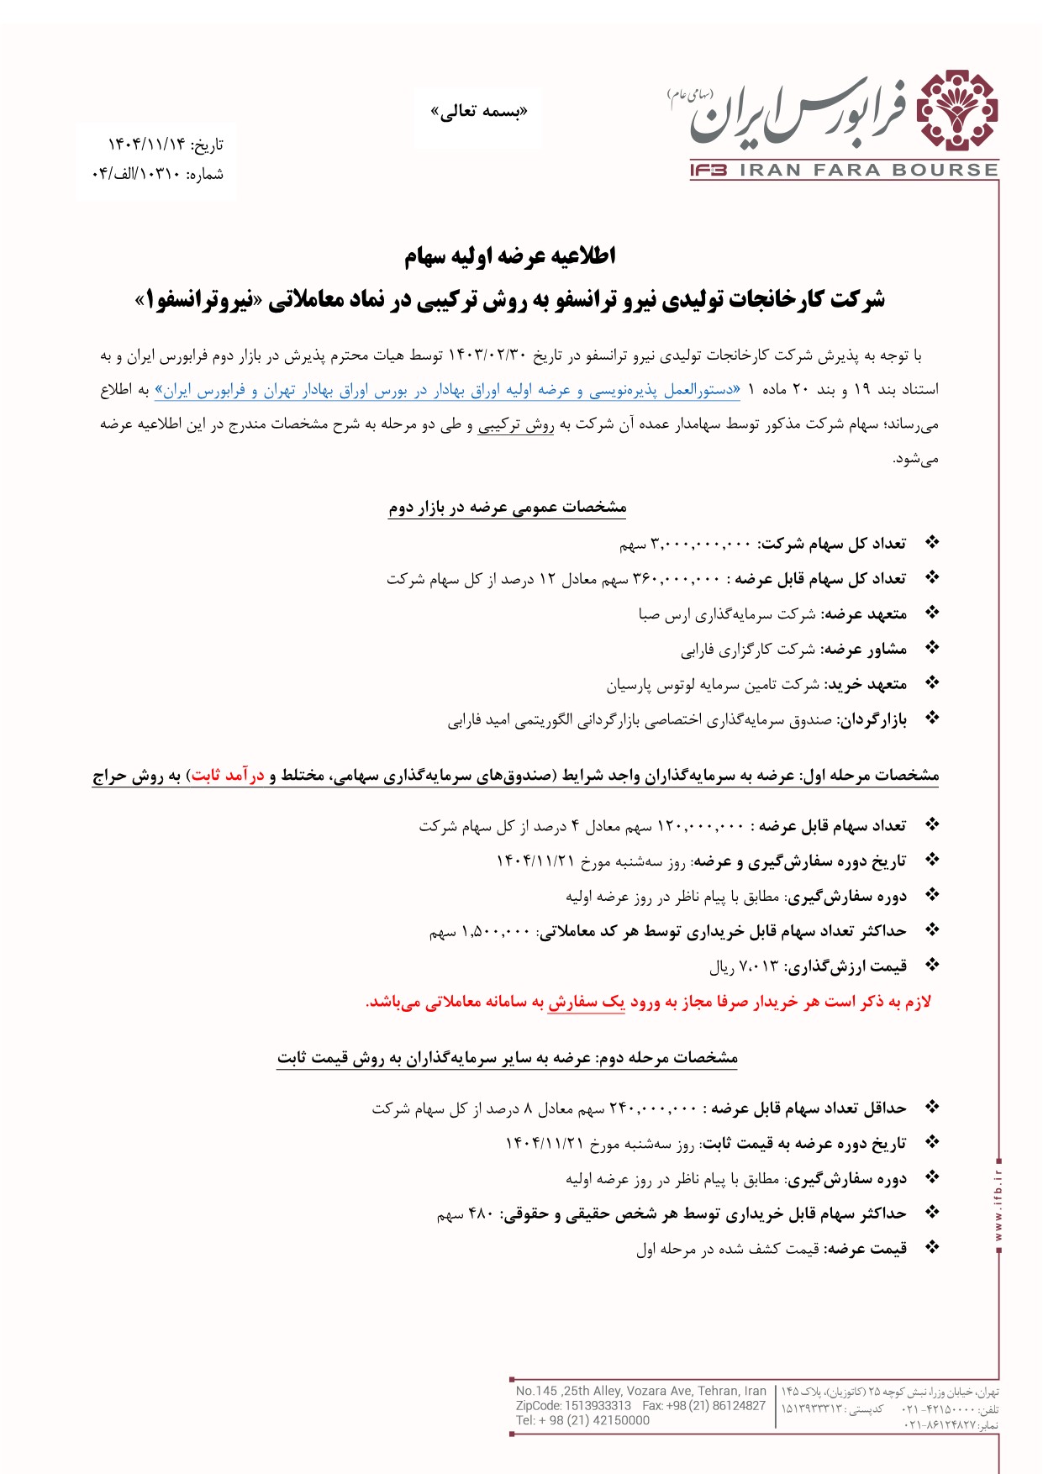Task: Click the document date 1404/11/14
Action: tap(145, 145)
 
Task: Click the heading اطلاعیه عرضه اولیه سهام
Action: tap(510, 255)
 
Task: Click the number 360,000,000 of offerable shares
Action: tap(677, 579)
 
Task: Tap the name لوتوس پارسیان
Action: tap(640, 685)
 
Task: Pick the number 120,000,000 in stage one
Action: tap(700, 826)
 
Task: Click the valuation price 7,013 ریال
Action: tap(744, 966)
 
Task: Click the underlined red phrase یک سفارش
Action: tap(586, 1002)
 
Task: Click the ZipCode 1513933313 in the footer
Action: tap(598, 1405)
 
